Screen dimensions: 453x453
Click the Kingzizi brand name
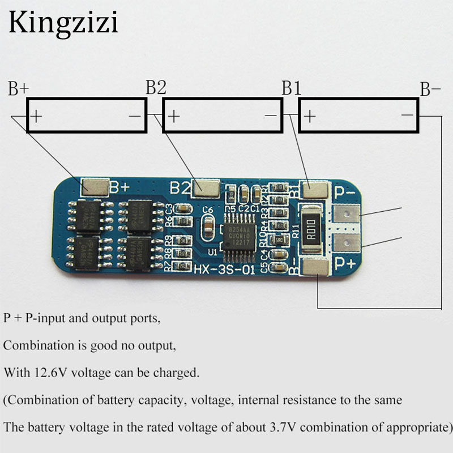[63, 24]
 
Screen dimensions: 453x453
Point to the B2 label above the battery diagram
[156, 87]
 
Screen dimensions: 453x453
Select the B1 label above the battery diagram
[292, 88]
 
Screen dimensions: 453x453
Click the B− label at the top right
[430, 89]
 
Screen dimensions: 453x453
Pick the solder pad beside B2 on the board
[206, 187]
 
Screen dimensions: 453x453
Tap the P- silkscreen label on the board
[345, 193]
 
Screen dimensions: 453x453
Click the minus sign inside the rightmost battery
[407, 116]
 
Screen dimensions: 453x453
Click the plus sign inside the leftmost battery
[37, 117]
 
